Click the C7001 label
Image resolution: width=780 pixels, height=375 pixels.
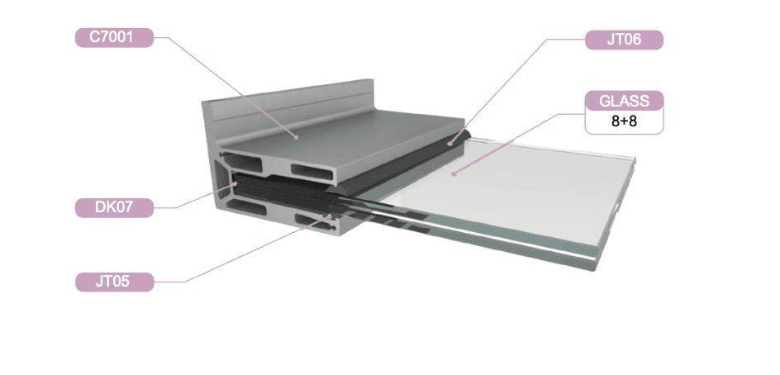(114, 38)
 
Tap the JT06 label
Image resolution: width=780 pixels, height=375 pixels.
(624, 40)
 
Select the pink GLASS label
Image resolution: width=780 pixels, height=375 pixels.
(624, 101)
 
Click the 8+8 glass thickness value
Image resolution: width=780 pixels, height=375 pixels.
(624, 122)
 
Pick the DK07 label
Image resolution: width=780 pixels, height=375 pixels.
(114, 207)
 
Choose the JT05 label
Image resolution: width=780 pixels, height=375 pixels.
(114, 282)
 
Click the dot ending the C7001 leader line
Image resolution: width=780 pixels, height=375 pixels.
(296, 137)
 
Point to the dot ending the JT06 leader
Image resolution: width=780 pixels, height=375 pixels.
(449, 145)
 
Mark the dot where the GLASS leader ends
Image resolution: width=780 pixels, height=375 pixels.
(454, 173)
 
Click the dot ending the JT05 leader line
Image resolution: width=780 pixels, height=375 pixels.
(331, 216)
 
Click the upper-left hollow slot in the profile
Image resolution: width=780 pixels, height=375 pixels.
(244, 163)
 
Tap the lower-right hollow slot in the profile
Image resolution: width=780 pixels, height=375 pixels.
(311, 219)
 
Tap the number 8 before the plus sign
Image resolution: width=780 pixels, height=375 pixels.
(616, 122)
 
